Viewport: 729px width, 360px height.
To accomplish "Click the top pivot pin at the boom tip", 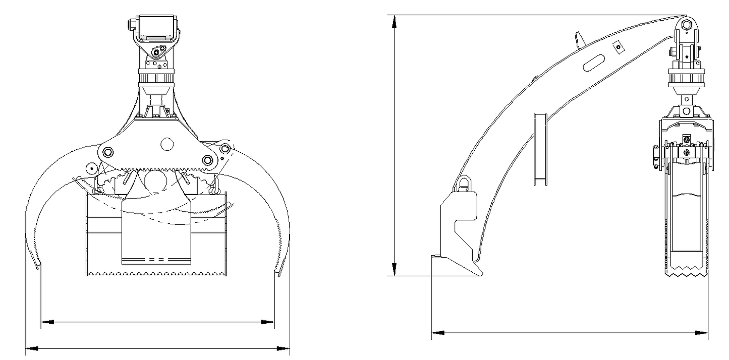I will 686,24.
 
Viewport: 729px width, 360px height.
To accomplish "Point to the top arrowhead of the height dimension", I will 396,20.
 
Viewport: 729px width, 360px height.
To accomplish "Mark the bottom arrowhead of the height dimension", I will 396,271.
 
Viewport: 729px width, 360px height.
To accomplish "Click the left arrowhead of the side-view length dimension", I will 437,333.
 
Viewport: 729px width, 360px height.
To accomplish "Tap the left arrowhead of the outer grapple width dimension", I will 31,348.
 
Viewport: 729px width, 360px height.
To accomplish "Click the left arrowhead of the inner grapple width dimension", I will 47,321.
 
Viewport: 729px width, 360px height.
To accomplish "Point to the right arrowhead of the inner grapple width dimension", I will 268,321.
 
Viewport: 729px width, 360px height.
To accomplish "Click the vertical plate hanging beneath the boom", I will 540,149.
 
